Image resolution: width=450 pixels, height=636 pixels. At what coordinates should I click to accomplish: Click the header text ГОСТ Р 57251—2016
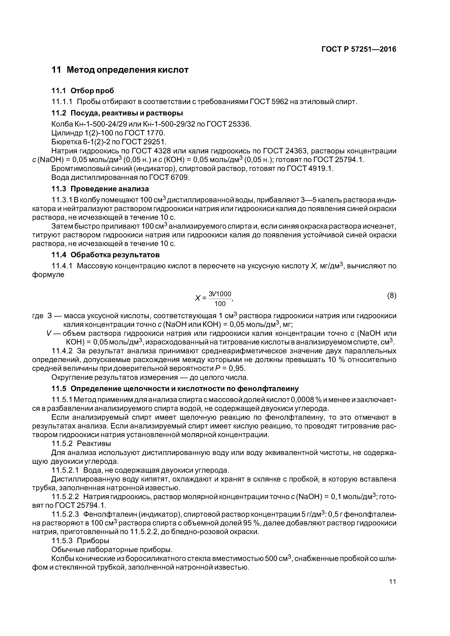359,49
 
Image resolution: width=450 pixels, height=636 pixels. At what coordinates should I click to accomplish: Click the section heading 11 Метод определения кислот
120,70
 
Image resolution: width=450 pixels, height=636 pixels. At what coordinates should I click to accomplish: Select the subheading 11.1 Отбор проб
83,91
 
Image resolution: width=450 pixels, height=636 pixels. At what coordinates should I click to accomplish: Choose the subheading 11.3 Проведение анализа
100,189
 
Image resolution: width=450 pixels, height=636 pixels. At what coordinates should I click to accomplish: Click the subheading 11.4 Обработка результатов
105,254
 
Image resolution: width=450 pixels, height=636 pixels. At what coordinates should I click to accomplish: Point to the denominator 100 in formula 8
220,304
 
